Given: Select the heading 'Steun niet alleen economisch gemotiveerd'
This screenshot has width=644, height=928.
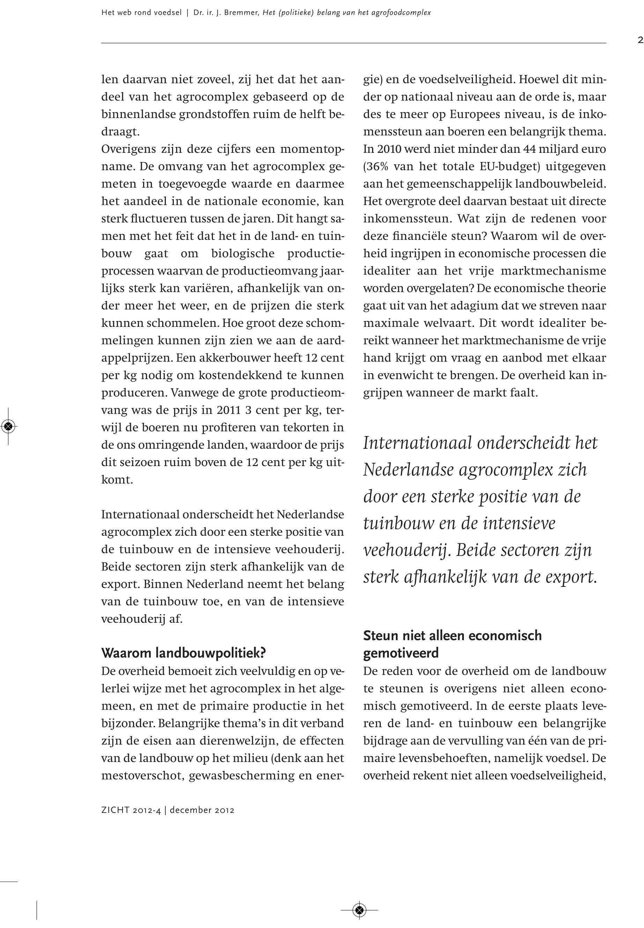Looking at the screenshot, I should (452, 644).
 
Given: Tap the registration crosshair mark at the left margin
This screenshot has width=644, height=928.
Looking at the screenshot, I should (8, 426).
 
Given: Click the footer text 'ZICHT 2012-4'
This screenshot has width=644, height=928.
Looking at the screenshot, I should (131, 810).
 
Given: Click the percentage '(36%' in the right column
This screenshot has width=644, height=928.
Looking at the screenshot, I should (376, 166).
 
